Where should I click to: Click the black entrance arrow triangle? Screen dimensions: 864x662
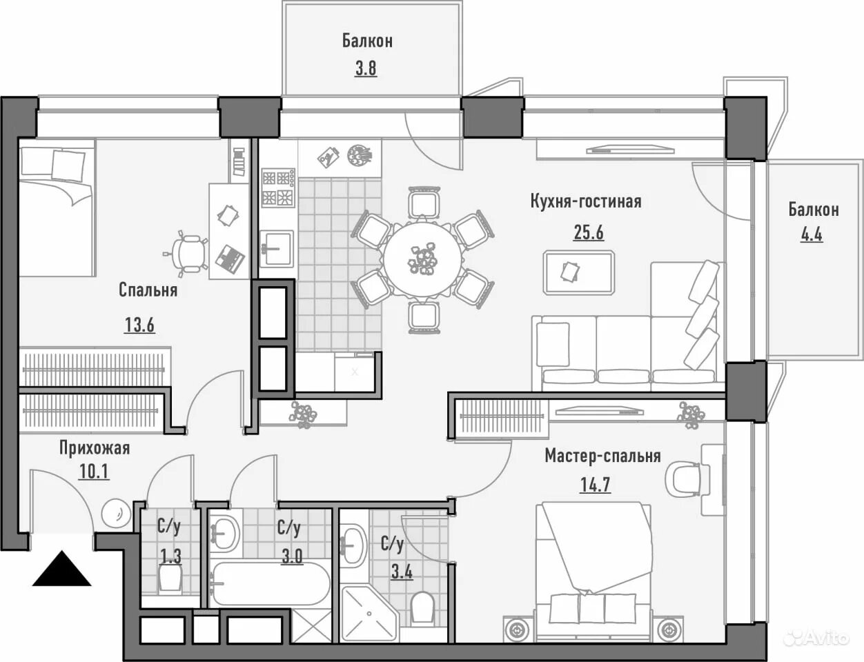pos(61,570)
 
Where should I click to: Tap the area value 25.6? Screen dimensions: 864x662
pos(589,232)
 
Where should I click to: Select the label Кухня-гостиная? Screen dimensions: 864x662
pos(586,201)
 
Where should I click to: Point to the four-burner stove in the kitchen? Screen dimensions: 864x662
pos(278,188)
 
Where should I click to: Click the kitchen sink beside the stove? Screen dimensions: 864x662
pos(277,249)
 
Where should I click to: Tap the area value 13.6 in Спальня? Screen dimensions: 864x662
pos(139,325)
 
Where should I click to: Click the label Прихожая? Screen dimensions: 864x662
pos(95,448)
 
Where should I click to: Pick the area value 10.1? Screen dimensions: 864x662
pos(95,472)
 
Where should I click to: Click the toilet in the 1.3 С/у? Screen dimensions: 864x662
pos(170,580)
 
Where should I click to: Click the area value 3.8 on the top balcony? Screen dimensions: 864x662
pos(366,68)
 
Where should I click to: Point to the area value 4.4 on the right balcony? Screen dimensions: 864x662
pos(811,234)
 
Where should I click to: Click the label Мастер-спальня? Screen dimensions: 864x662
pos(602,456)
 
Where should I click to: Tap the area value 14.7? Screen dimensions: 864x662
pos(596,485)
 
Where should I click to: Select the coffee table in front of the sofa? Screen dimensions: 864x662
pos(579,272)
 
